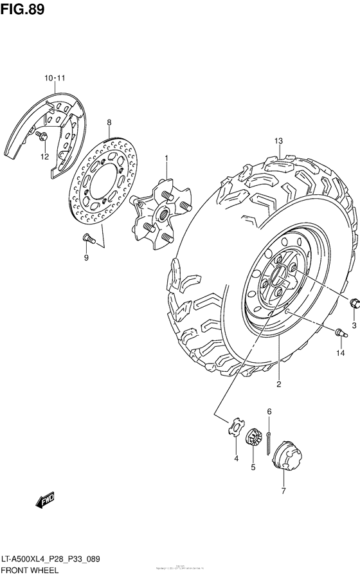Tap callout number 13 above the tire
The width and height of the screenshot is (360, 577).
coord(278,142)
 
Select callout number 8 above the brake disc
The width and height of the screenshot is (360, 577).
coord(109,122)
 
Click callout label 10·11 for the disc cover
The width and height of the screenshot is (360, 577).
coord(55,78)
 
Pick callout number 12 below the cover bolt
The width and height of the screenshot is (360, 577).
coord(44,156)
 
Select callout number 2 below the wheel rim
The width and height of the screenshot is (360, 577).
coord(279,385)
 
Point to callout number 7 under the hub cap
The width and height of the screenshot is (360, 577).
coord(283,492)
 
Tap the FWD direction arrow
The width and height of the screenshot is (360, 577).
coord(46,500)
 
